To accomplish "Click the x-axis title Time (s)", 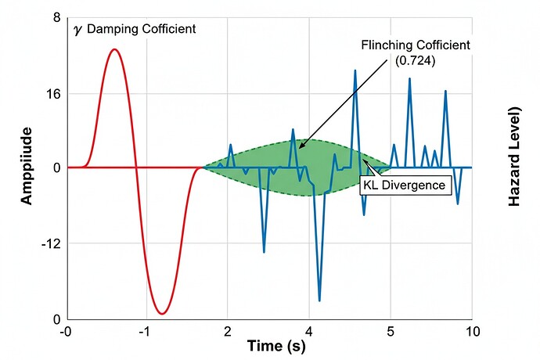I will pyautogui.click(x=276, y=346).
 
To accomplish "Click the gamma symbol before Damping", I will pyautogui.click(x=77, y=29).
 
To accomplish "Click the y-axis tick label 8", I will pyautogui.click(x=55, y=18).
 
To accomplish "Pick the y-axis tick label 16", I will pyautogui.click(x=52, y=93).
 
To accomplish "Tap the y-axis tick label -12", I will pyautogui.click(x=49, y=243).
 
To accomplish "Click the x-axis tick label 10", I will pyautogui.click(x=471, y=332).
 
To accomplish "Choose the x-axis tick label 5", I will pyautogui.click(x=391, y=332).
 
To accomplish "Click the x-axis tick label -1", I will pyautogui.click(x=144, y=332).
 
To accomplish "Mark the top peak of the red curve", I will pyautogui.click(x=114, y=49).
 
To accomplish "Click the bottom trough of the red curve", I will pyautogui.click(x=161, y=314).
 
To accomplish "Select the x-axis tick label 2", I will pyautogui.click(x=227, y=332).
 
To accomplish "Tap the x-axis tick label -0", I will pyautogui.click(x=66, y=332).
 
